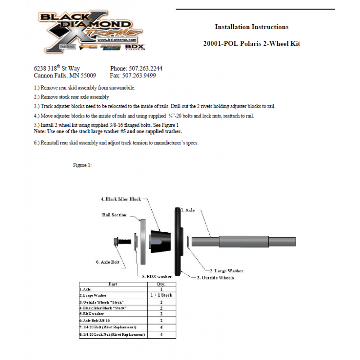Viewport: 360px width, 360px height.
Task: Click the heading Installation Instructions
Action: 251,27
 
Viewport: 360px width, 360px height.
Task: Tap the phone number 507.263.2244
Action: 145,68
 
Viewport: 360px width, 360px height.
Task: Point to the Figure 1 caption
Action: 82,165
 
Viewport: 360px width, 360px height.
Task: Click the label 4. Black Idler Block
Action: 121,198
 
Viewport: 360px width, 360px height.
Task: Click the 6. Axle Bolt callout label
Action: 108,261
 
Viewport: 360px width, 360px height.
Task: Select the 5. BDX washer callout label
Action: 157,276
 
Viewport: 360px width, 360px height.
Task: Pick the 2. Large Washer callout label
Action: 227,271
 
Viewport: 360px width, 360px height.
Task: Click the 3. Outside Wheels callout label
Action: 215,278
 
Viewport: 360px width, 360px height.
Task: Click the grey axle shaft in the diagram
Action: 243,241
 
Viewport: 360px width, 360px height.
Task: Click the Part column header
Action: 113,284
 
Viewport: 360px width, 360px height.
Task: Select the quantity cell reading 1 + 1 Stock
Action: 161,295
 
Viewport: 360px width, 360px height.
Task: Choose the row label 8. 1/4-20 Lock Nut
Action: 112,335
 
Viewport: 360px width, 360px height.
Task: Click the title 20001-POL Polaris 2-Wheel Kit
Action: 252,44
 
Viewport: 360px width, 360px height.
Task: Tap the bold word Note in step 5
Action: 40,131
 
